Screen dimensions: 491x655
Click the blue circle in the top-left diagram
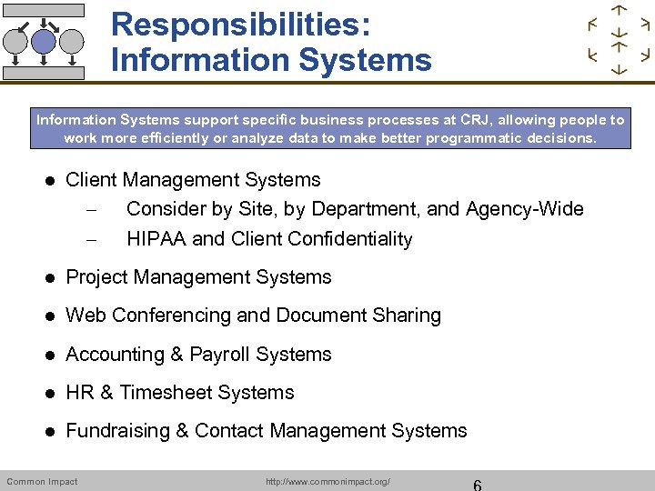[44, 40]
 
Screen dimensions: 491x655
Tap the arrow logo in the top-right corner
[619, 41]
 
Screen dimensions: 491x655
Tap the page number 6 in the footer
[477, 484]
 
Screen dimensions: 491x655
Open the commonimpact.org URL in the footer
[327, 481]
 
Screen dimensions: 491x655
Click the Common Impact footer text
[42, 481]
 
